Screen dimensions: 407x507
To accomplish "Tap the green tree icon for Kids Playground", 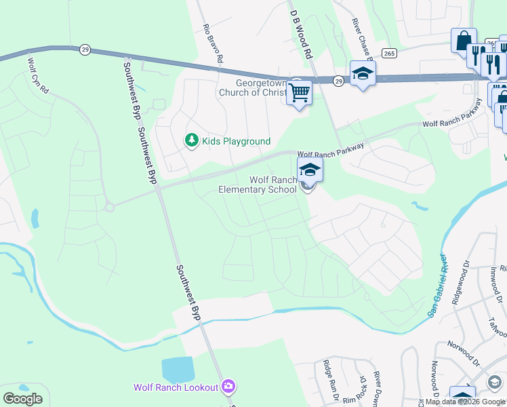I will (192, 140).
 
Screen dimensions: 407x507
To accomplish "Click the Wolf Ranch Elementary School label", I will (258, 185).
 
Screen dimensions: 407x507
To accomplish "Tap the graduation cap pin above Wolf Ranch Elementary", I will (310, 170).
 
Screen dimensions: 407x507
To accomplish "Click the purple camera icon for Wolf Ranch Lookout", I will (228, 387).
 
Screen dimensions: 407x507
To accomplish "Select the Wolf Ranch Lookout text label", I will (176, 387).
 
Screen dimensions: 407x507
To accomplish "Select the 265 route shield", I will (389, 53).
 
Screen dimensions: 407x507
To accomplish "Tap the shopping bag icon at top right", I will (464, 41).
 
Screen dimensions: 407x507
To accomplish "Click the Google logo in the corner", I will (23, 398).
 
